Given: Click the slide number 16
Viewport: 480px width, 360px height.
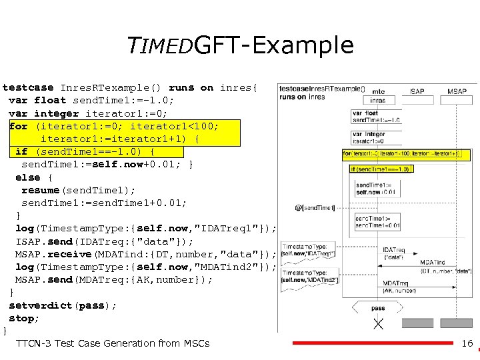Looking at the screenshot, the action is (x=467, y=343).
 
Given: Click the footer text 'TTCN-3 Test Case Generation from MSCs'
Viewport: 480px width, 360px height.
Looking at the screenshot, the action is (x=113, y=343).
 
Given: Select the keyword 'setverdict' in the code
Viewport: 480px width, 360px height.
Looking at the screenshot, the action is (x=42, y=305).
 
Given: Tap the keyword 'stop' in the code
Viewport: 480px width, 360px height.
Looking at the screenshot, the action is (x=22, y=318).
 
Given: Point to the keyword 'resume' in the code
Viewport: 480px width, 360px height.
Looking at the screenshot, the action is (x=41, y=190).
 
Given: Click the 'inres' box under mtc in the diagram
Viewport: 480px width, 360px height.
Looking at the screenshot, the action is (x=378, y=101).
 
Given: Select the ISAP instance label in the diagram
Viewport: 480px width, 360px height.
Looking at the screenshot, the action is (x=417, y=91).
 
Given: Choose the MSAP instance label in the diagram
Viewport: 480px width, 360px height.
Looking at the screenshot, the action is (x=457, y=91).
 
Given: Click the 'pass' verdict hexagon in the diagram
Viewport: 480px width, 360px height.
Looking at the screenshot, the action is (x=378, y=308).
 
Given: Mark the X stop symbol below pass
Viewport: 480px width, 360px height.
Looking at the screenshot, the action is (x=378, y=324).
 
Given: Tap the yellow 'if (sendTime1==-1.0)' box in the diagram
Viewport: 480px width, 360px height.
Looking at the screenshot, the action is (x=380, y=169).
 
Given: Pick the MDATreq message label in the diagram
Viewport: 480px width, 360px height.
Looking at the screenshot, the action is (x=395, y=283).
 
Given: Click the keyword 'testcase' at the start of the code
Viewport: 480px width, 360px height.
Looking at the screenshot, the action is (x=29, y=87).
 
